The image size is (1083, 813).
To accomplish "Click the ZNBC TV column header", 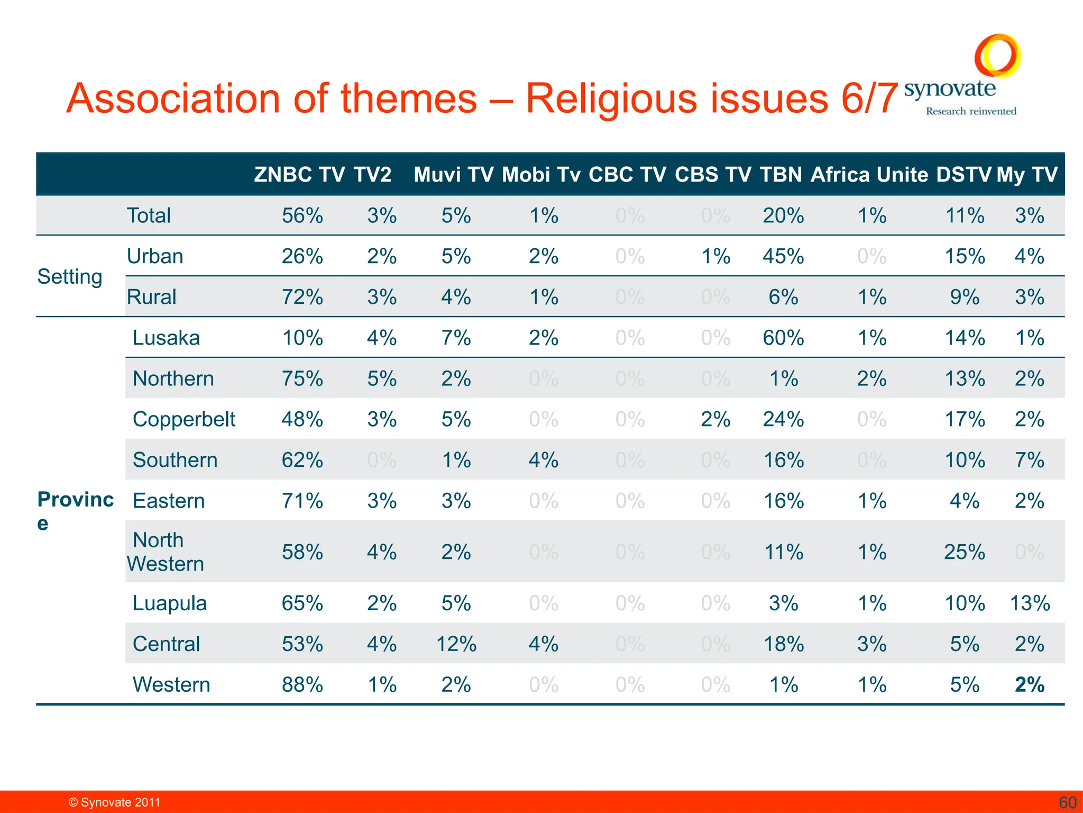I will point(299,175).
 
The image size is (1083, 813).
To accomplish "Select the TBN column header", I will point(781,175).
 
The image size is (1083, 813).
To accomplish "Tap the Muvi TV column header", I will point(454,175).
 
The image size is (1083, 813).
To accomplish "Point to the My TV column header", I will point(1027,175).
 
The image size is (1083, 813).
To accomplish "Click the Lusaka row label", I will point(166,338).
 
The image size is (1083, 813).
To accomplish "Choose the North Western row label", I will point(165,552).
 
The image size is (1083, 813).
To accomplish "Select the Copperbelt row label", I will point(183,419).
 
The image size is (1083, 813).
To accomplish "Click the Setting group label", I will point(70,277).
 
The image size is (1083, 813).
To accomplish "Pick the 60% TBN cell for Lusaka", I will point(783,338).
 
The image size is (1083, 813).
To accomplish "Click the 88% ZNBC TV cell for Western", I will point(302,685).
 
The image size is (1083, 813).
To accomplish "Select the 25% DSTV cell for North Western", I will point(965,553).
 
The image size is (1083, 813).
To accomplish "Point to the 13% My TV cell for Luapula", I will point(1030,603).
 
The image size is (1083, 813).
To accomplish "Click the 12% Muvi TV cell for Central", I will point(456,644).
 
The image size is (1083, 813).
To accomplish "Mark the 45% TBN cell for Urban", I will point(783,257).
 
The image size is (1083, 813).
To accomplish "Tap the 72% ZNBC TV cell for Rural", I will point(302,297).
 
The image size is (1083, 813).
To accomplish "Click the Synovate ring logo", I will point(997,56).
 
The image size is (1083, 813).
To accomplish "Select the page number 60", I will point(1068,802).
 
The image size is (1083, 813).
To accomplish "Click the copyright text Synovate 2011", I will point(115,802).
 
